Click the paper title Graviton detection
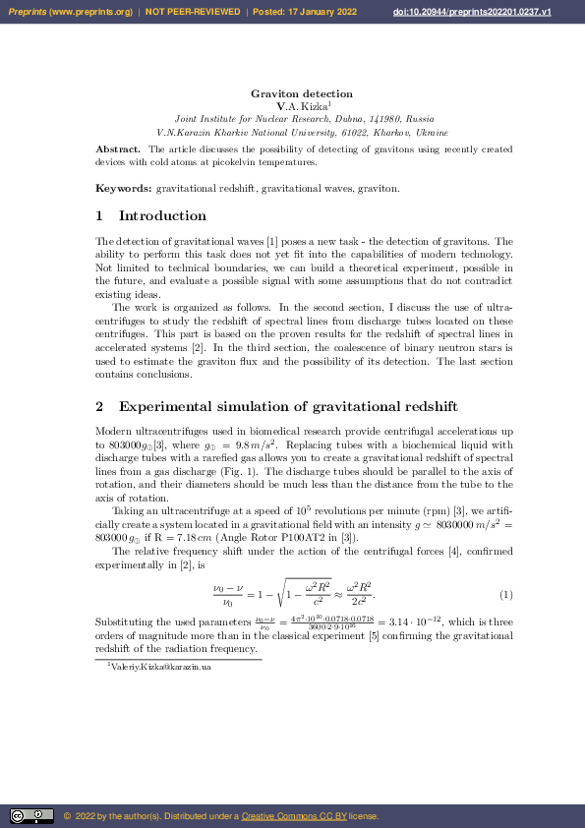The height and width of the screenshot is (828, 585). (x=302, y=93)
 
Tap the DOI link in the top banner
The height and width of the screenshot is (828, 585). (x=498, y=12)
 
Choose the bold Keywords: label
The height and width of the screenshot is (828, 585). (x=124, y=188)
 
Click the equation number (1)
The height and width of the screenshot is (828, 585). (x=506, y=595)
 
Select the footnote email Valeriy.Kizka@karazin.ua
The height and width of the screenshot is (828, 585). (x=161, y=668)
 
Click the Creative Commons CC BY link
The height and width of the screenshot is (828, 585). (x=289, y=815)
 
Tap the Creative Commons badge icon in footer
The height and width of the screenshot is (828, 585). (x=31, y=815)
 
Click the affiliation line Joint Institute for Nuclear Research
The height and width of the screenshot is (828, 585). (x=304, y=117)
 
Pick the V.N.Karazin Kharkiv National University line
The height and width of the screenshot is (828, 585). (x=303, y=132)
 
